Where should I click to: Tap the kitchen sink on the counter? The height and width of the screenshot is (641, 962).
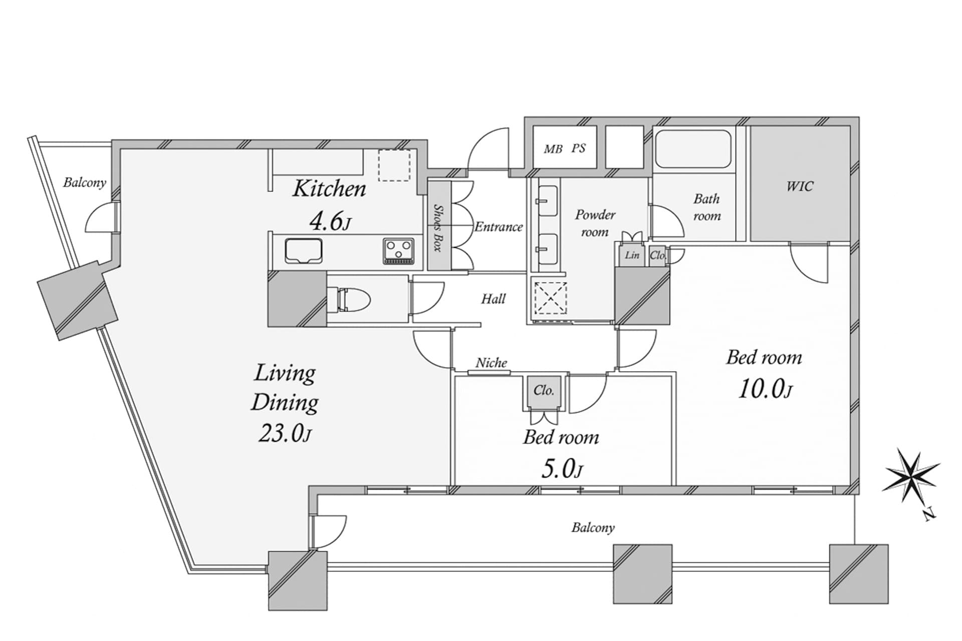point(303,250)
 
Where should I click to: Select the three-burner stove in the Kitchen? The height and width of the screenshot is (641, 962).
point(399,251)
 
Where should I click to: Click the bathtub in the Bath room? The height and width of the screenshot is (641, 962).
point(693,149)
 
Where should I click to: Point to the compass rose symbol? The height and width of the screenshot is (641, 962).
point(911,477)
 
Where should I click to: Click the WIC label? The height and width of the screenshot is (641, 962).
point(800,186)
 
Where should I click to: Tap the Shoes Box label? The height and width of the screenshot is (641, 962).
point(438,227)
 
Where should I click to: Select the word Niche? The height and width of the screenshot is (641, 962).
point(491,363)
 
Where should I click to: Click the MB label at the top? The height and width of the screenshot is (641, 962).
point(553,149)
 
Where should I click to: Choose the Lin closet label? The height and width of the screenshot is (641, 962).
point(632,255)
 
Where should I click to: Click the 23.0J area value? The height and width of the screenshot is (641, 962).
point(285,434)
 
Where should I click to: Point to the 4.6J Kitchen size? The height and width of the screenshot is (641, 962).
point(329,221)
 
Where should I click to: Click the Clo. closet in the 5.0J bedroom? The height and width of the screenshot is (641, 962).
point(544,391)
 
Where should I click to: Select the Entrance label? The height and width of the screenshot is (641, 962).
point(499,227)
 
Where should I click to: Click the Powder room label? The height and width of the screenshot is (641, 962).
point(595,223)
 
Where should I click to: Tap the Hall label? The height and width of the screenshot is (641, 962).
point(493,299)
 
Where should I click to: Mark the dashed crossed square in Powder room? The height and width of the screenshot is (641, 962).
point(550,298)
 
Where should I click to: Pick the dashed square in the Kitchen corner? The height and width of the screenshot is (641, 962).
point(394,165)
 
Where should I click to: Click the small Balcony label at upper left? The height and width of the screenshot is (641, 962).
point(84,182)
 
